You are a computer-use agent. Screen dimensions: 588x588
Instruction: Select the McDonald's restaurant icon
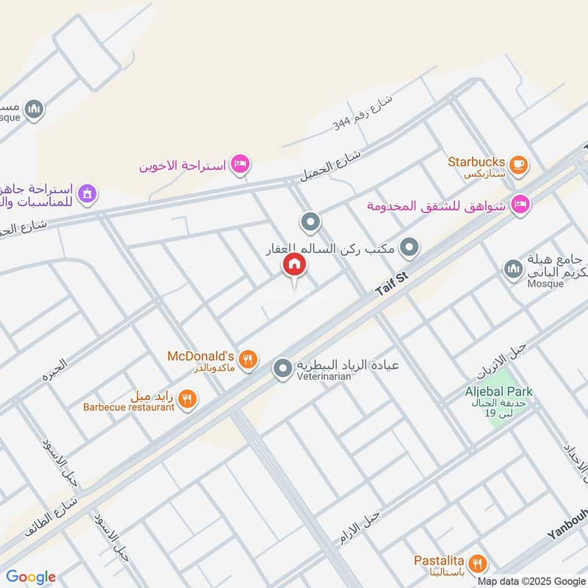coord(248,359)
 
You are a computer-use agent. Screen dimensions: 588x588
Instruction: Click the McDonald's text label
coord(201,356)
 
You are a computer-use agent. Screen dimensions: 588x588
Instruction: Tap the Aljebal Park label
coord(499,392)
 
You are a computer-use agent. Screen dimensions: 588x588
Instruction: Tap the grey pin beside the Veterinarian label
coord(283,369)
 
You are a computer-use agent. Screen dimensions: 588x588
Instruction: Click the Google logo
coord(31,577)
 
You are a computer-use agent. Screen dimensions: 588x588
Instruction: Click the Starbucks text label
coord(476,162)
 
